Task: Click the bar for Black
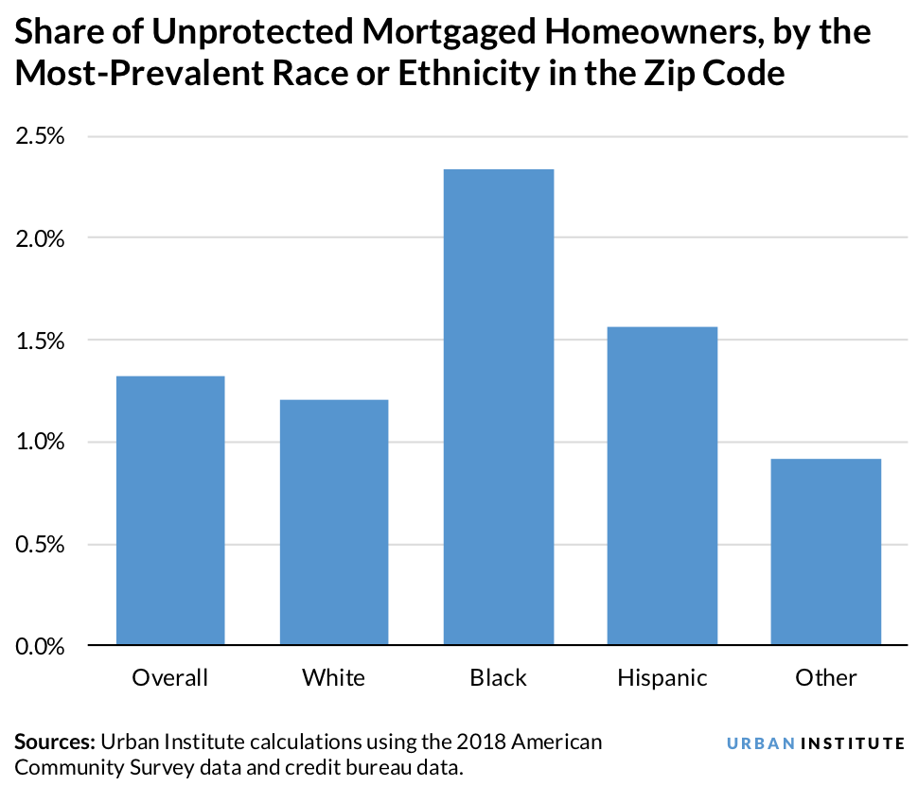[498, 407]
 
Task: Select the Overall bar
[170, 511]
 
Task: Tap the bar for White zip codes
[334, 522]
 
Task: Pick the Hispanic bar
[662, 485]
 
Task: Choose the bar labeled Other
[825, 551]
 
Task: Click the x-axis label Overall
[170, 678]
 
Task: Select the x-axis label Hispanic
[662, 678]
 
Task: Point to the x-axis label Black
[498, 678]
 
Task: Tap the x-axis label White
[334, 678]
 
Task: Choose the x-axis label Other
[825, 678]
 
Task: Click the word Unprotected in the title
[245, 34]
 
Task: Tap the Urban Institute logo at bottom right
[815, 743]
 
